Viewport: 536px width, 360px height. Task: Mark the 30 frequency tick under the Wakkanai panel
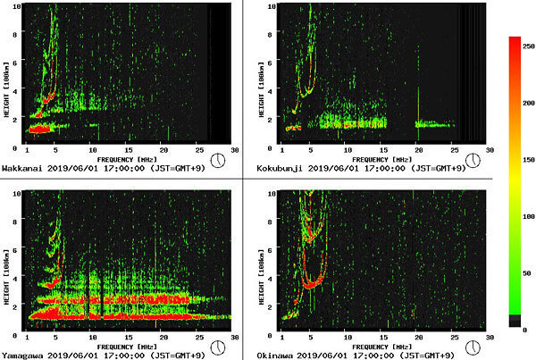pyautogui.click(x=234, y=151)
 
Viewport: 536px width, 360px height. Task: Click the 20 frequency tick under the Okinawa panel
pyautogui.click(x=419, y=339)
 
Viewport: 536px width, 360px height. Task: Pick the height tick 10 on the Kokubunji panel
pyautogui.click(x=269, y=7)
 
